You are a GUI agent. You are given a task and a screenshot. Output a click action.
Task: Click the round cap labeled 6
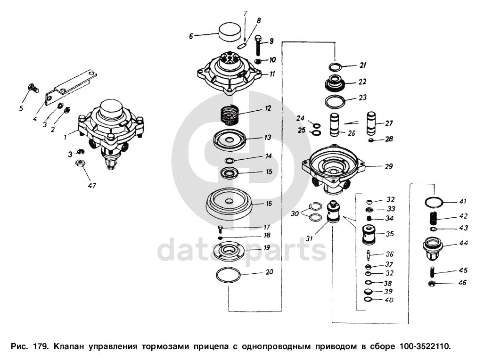[x=230, y=32]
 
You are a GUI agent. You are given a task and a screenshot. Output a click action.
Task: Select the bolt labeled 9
[x=258, y=45]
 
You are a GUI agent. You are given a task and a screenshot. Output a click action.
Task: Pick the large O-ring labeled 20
[x=229, y=275]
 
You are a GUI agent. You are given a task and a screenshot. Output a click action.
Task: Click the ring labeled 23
[x=336, y=102]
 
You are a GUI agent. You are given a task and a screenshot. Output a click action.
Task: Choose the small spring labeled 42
[x=434, y=219]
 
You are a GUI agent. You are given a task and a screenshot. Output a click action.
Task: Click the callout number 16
[x=269, y=204]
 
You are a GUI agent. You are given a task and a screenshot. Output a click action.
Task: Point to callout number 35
[x=390, y=234]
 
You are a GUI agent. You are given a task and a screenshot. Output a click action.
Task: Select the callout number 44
[x=463, y=243]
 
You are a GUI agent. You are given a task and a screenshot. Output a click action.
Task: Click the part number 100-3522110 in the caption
[x=426, y=346]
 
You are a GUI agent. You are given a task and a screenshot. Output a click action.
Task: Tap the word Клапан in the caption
[x=69, y=346]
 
